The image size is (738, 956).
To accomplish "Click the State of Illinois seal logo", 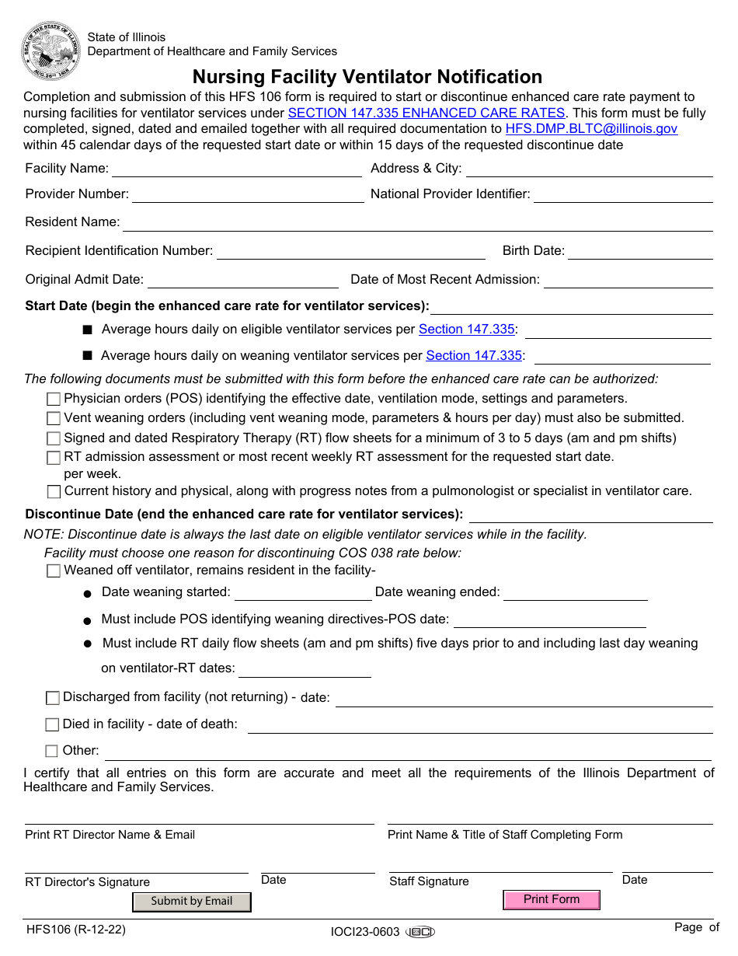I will point(51,50).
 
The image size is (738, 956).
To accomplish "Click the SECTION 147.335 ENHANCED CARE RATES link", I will point(426,113).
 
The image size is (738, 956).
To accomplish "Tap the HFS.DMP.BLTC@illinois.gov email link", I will point(591,128).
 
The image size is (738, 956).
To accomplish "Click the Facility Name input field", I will point(236,169).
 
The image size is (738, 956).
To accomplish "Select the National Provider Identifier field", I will point(622,194).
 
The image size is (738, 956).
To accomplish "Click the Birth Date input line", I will point(640,251).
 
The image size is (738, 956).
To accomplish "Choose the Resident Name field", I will point(418,223).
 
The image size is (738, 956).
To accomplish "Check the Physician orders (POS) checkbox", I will point(54,399).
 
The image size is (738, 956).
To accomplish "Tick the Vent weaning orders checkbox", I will point(54,419).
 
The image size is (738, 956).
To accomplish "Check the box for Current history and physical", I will point(54,492).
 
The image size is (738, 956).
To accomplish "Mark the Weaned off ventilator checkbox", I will point(54,571).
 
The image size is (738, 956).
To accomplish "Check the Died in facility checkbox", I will point(52,725).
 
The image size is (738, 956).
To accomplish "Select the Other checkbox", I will point(52,752).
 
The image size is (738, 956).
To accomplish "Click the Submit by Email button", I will point(192,902).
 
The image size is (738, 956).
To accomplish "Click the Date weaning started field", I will point(303,593).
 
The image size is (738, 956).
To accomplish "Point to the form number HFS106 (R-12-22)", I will point(75,929).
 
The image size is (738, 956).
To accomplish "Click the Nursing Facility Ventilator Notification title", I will point(367,77).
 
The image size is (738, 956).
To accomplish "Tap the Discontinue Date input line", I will point(590,515).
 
